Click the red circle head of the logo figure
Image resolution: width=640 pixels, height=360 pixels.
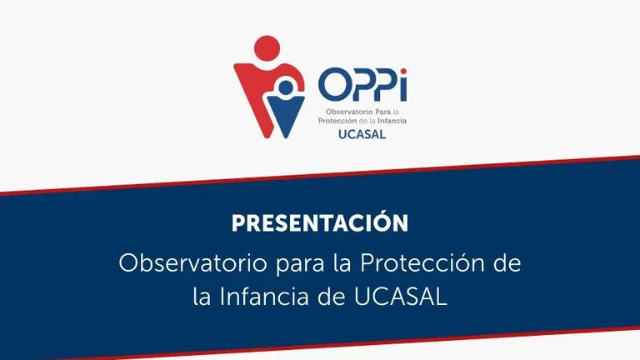(267, 48)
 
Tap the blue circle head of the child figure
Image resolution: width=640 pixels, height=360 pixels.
(286, 87)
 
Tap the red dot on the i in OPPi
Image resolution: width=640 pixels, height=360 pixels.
(403, 72)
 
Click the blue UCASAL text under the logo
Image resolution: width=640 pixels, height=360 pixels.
(362, 134)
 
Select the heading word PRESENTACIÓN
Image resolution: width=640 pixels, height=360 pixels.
(320, 222)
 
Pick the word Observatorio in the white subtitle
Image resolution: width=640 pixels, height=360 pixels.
(193, 263)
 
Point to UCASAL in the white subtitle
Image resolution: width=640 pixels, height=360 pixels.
(400, 297)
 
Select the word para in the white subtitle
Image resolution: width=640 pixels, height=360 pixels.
(300, 266)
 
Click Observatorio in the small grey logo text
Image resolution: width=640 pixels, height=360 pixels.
(349, 112)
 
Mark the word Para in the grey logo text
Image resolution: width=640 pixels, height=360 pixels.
(382, 112)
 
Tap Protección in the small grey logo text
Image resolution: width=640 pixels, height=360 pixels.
(337, 121)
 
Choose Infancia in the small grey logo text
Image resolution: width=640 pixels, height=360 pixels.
(392, 121)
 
